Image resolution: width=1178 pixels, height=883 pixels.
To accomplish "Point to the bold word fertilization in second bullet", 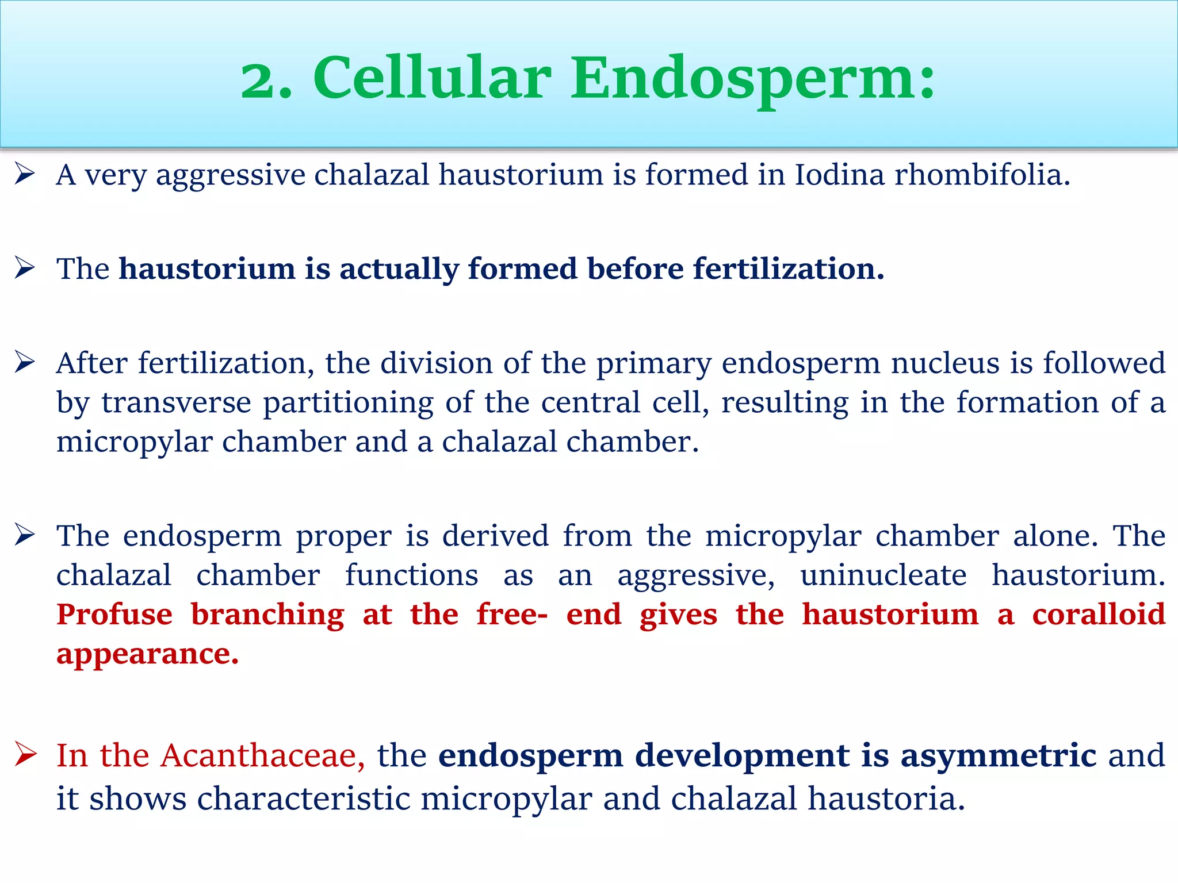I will [788, 268].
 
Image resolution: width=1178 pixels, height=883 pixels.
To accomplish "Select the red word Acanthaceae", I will [262, 755].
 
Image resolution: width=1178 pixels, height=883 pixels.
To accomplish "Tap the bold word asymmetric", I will [998, 755].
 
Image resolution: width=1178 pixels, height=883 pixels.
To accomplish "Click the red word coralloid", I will [1098, 614].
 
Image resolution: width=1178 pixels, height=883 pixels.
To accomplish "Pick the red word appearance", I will [147, 654].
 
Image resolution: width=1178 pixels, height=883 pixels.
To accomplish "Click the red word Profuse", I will [114, 614].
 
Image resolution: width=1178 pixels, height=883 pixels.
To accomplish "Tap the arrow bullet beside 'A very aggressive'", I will [25, 173].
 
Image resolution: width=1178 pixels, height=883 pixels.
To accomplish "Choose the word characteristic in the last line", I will [304, 798].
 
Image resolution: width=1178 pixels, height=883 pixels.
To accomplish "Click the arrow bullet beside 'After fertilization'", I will [25, 362].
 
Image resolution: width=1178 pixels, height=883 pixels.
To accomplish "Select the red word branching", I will [267, 615].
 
